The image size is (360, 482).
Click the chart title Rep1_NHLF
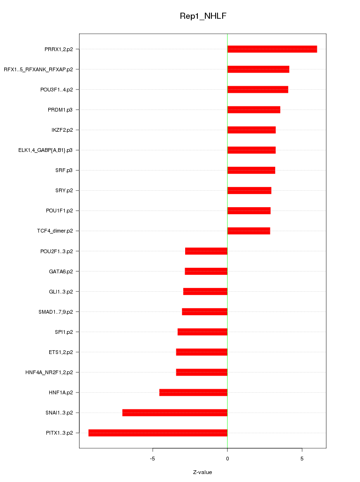[x=203, y=16]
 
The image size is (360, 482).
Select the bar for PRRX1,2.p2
[x=272, y=49]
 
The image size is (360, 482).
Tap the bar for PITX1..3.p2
[x=158, y=433]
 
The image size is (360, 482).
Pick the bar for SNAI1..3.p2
[x=175, y=413]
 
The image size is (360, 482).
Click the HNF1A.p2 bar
[x=193, y=392]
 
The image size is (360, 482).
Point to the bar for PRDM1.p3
[x=254, y=110]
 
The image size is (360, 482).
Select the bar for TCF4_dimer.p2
[x=248, y=231]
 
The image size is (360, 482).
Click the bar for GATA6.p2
[x=206, y=271]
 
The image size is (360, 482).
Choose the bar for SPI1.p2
[x=202, y=332]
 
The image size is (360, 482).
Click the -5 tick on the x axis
[x=152, y=458]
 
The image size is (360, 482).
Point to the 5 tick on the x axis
[x=302, y=458]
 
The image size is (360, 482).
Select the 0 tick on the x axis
[x=227, y=458]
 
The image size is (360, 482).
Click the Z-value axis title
[x=202, y=472]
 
